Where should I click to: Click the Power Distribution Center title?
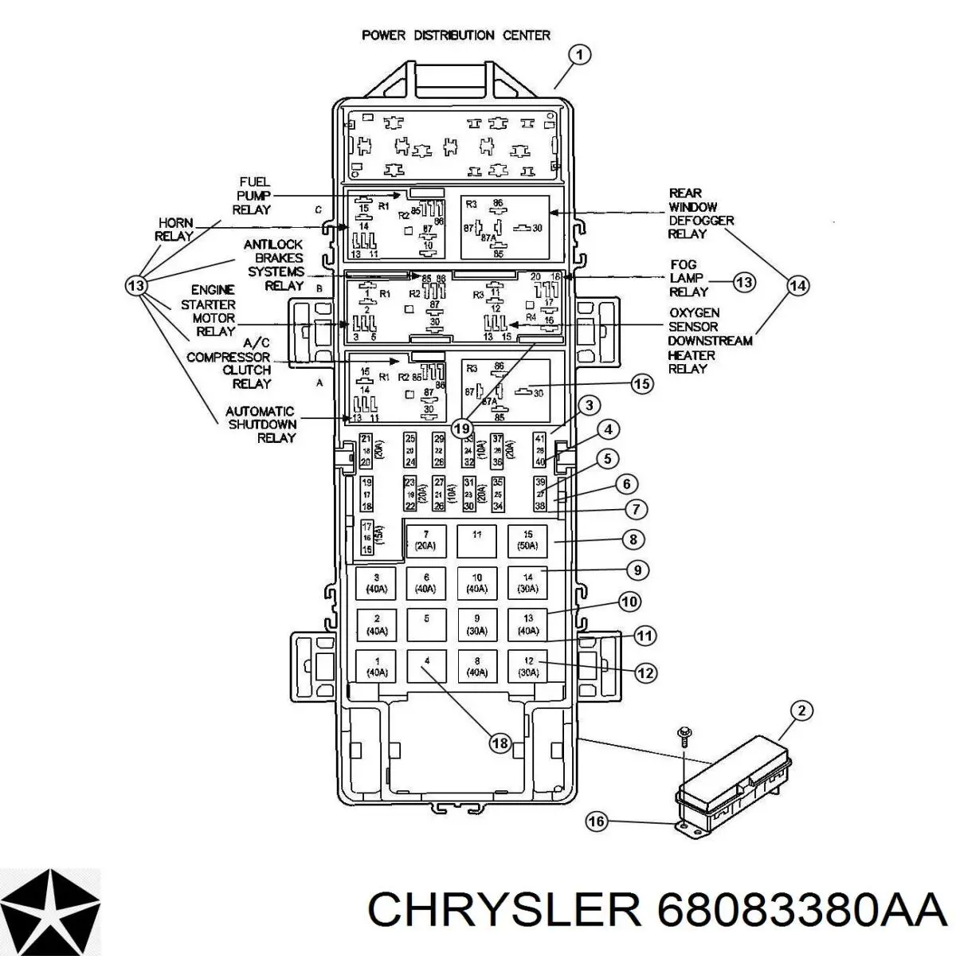456,35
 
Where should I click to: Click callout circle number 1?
580,55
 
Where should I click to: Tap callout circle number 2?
801,711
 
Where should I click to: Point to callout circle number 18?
500,743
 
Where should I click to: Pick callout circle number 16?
596,821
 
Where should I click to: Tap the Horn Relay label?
175,229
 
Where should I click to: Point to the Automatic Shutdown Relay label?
261,425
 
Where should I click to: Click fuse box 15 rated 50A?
527,541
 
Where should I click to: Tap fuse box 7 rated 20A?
425,541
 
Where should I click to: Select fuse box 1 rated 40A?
376,666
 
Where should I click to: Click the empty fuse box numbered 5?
426,624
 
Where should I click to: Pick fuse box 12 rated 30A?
527,666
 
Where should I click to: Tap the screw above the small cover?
683,732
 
